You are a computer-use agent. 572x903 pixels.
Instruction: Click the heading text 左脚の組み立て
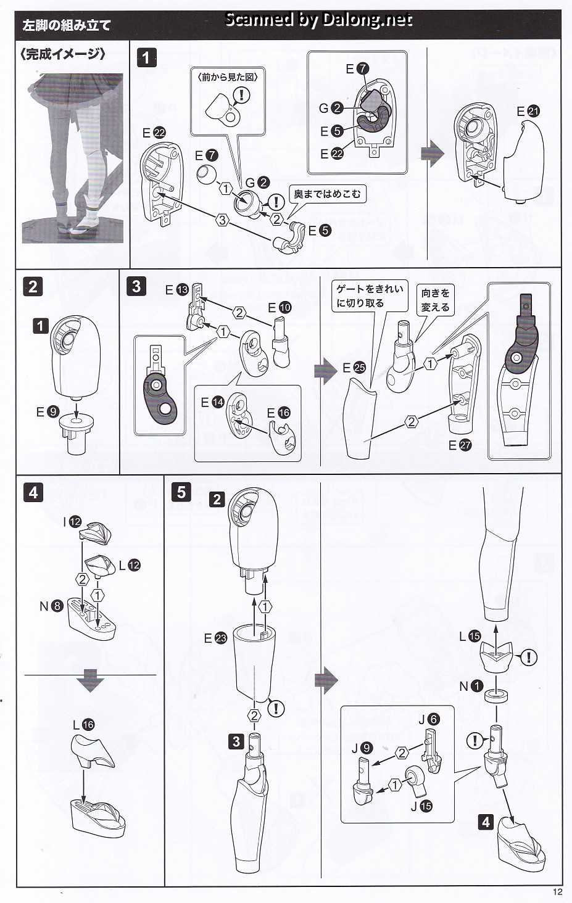66,26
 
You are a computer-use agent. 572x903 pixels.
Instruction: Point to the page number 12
558,892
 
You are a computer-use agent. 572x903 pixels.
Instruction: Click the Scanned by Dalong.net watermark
318,20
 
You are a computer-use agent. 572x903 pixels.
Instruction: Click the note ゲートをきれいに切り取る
369,296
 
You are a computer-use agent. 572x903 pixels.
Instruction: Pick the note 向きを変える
436,300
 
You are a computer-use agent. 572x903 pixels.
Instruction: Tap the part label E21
528,112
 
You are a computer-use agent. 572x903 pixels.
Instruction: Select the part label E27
460,445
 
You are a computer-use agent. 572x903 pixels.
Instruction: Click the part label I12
72,522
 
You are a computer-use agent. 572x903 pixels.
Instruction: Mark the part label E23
215,638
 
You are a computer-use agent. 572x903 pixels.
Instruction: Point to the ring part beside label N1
497,696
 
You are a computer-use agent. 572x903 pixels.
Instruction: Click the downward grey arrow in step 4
90,683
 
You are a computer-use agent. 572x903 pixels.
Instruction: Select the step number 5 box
181,492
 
